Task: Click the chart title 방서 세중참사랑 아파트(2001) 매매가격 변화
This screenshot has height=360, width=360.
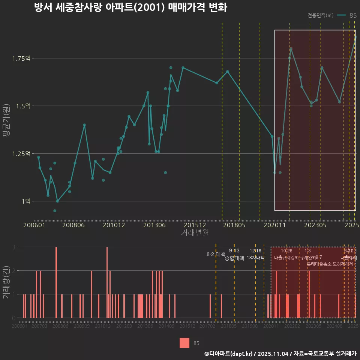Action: pos(130,8)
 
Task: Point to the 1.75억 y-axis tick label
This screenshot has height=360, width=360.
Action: pos(22,58)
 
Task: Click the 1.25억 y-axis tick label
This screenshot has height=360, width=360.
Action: pos(22,154)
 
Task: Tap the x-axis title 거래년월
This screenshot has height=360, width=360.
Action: pos(195,232)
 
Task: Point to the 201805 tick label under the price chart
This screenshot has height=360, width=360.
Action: pos(235,225)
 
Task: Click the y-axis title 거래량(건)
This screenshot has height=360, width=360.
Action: pos(6,282)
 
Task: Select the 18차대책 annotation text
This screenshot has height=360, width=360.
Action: pos(255,258)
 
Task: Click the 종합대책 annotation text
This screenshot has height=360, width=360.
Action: pos(234,258)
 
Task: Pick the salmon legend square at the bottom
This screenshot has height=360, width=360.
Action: pos(184,343)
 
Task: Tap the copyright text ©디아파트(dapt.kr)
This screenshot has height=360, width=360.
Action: pos(229,354)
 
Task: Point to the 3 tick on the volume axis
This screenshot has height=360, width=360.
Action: pos(13,247)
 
